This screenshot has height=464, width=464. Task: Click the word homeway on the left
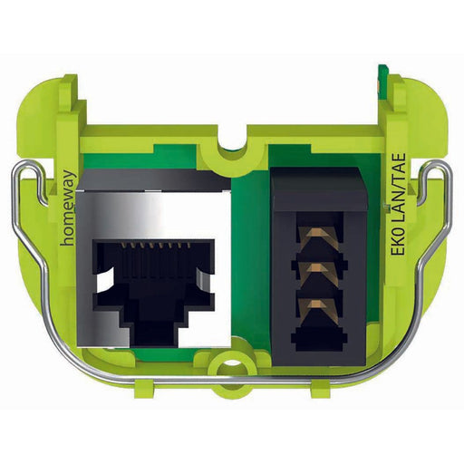pos(68,208)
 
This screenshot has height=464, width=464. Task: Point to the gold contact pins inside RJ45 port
pos(155,246)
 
